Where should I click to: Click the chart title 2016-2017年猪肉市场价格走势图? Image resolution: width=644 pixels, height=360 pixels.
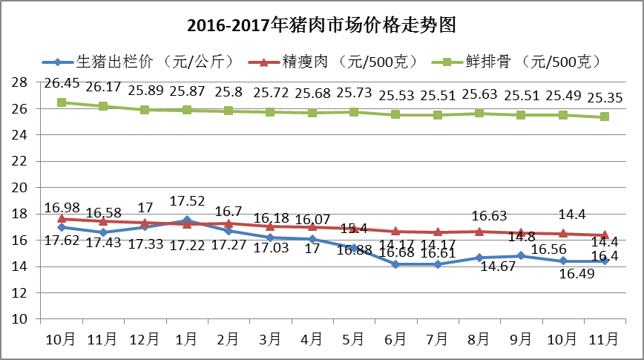pyautogui.click(x=321, y=25)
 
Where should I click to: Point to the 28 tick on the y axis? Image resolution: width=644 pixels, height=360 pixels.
pyautogui.click(x=20, y=82)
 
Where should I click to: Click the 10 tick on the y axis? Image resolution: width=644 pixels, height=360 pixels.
pyautogui.click(x=20, y=319)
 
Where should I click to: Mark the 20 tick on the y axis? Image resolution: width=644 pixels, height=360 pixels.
pyautogui.click(x=20, y=188)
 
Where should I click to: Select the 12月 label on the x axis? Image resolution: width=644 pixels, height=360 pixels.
pyautogui.click(x=145, y=339)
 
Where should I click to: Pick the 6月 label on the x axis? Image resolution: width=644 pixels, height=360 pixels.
pyautogui.click(x=395, y=339)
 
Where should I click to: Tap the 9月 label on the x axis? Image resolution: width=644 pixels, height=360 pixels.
pyautogui.click(x=521, y=339)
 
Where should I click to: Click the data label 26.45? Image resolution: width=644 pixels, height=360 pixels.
pyautogui.click(x=62, y=82)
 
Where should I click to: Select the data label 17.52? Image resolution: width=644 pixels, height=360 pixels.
pyautogui.click(x=187, y=200)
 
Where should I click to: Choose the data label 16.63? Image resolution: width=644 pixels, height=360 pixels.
pyautogui.click(x=489, y=215)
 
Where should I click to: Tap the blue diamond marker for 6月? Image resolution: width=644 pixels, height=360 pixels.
pyautogui.click(x=395, y=264)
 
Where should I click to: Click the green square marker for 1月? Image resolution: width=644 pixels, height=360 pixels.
pyautogui.click(x=187, y=110)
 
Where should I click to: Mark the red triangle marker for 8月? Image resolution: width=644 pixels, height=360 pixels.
pyautogui.click(x=479, y=232)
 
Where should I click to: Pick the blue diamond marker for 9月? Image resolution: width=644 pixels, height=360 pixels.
pyautogui.click(x=521, y=255)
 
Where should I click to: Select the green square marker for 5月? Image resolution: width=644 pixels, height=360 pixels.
pyautogui.click(x=354, y=112)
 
